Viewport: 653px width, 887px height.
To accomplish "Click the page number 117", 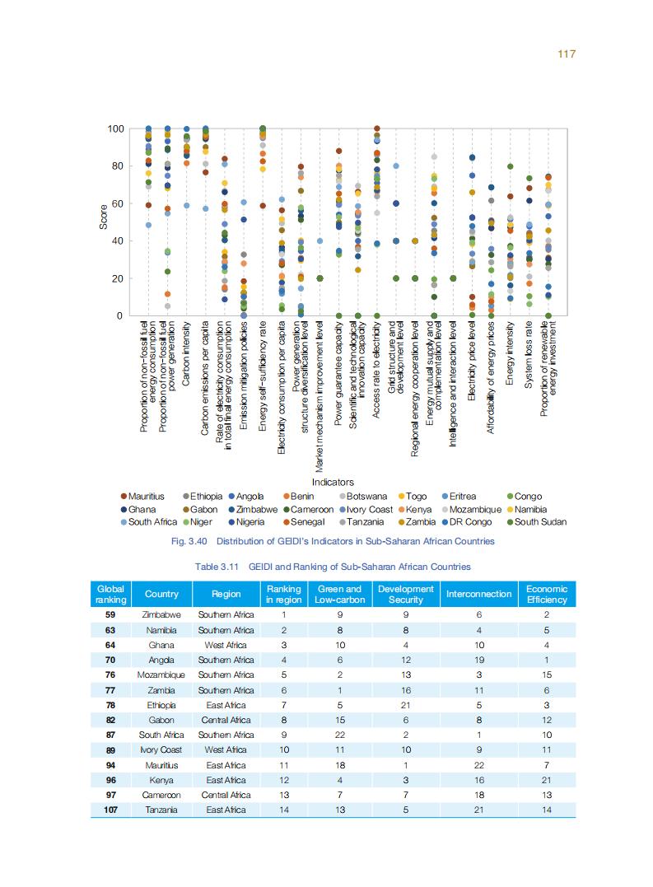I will (566, 54).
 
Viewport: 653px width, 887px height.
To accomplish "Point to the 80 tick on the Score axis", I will (115, 166).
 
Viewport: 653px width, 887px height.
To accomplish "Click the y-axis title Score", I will (104, 222).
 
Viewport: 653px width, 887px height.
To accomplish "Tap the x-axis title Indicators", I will (333, 482).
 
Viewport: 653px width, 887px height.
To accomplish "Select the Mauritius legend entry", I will (146, 497).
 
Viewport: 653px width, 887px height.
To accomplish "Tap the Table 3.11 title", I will (333, 567).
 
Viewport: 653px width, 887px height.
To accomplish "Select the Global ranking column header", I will (110, 594).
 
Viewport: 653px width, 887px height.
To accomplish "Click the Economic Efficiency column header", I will (547, 594).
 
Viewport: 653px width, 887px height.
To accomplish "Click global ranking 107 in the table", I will (110, 810).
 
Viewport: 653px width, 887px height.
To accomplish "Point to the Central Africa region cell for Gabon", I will (226, 720).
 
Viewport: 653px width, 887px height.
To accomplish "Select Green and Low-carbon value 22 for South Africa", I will (340, 735).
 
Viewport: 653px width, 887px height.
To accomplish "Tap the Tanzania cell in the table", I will (161, 810).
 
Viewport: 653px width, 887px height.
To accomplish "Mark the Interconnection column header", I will (478, 594).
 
